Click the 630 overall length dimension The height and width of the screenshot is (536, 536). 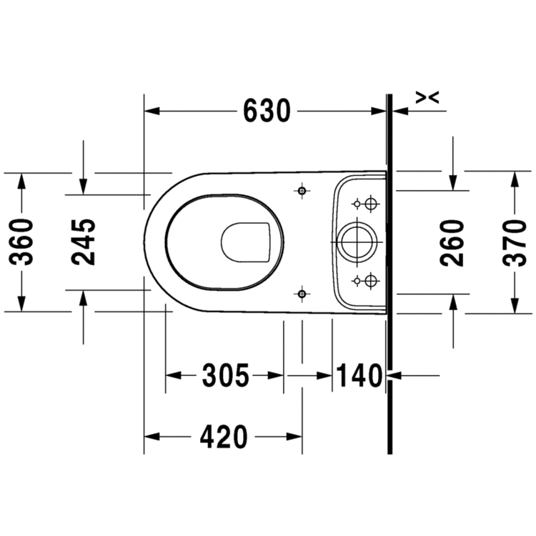coord(267,111)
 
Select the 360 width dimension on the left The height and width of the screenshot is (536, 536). coord(24,242)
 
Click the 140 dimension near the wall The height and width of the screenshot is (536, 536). coord(359,375)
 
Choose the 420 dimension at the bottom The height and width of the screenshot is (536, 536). coord(223,436)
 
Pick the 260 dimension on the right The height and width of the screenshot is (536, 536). coord(452,242)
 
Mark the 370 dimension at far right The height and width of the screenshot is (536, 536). coord(513,242)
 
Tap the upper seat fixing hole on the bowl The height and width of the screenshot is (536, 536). coord(302,192)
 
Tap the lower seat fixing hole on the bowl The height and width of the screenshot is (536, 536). coord(302,293)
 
